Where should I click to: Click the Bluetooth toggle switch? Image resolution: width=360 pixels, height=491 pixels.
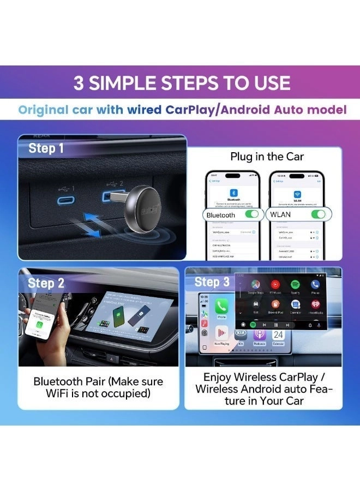pos(251,214)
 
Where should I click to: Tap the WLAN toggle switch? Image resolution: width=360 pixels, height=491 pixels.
pos(317,214)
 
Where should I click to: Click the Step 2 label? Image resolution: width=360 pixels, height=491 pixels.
pos(46,283)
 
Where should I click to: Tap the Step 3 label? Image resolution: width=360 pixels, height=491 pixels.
pos(212,282)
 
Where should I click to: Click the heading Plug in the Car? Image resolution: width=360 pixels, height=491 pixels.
pos(267,157)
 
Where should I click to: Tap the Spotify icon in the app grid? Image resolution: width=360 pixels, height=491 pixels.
pos(295,285)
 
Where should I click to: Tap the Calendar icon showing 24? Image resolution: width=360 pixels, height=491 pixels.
pos(279,334)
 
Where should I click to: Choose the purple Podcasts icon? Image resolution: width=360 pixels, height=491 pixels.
pos(259,334)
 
